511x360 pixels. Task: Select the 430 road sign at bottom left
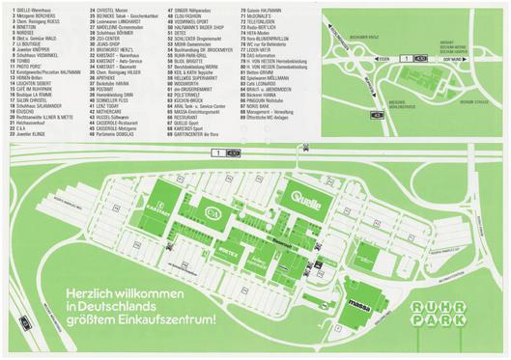(11, 342)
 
